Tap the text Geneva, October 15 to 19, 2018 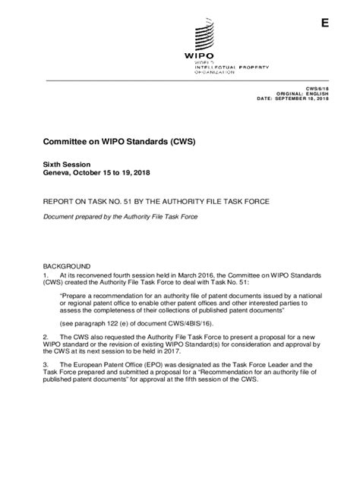[x=99, y=173]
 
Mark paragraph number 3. [x=49, y=385]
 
